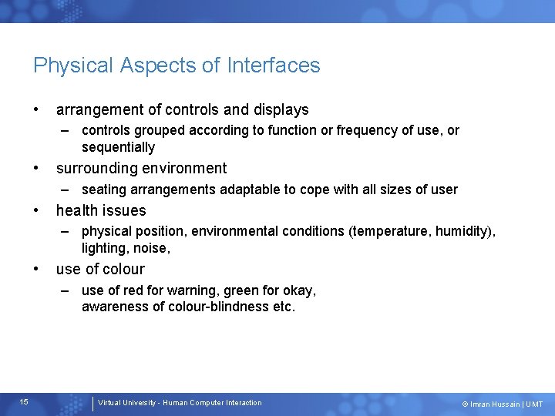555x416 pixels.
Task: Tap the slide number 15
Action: pos(24,402)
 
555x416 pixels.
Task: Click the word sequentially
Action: pos(118,147)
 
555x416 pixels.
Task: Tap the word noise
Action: pos(151,248)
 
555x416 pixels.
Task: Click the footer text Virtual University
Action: pos(129,403)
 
